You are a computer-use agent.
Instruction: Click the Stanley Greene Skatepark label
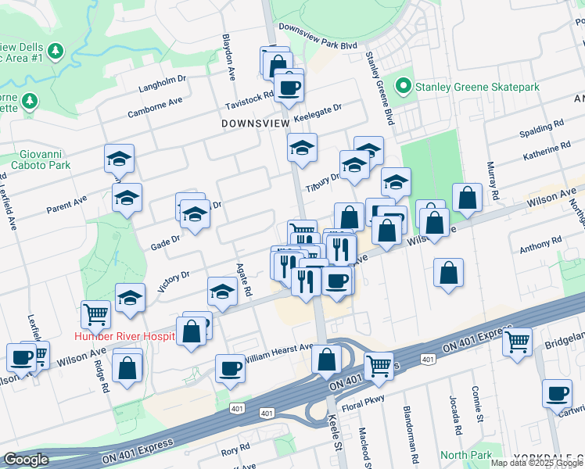pos(477,86)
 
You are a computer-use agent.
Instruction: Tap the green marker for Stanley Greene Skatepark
pos(404,85)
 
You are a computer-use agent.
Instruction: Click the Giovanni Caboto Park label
pos(41,159)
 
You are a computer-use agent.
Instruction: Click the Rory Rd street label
pos(234,450)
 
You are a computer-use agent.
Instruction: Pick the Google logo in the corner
pos(26,460)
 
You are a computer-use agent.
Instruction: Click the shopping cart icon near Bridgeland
pos(517,341)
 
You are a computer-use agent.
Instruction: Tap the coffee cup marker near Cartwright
pos(557,394)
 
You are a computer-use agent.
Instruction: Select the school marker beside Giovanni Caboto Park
pos(119,159)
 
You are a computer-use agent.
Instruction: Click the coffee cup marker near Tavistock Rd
pos(289,87)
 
